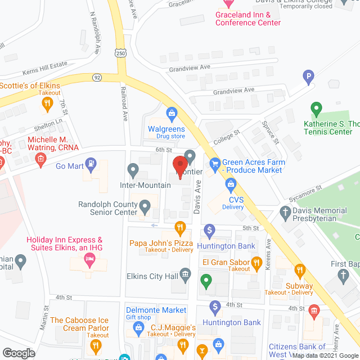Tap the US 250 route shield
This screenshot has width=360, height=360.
[x=121, y=52]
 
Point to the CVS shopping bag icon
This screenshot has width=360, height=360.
[x=230, y=183]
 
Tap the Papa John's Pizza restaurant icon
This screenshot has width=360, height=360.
[x=180, y=228]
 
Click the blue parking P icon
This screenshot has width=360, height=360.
[x=308, y=77]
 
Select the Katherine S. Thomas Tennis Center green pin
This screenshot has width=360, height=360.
[x=316, y=107]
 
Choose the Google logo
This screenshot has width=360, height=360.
[x=19, y=353]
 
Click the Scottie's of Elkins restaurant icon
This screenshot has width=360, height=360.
[x=47, y=103]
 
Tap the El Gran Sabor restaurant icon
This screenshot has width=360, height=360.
[x=256, y=262]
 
